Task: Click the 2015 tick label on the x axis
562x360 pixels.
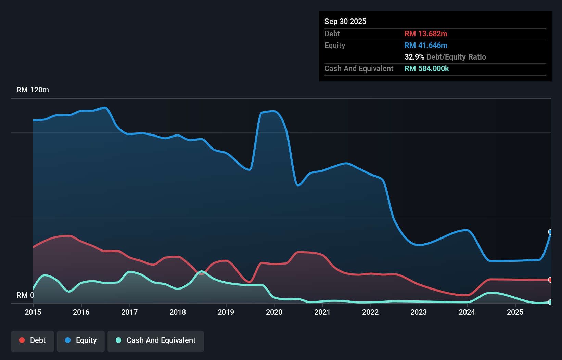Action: [x=33, y=312]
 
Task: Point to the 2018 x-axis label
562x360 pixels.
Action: [x=178, y=312]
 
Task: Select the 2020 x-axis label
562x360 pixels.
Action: [x=274, y=312]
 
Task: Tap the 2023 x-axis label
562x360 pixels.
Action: [x=419, y=312]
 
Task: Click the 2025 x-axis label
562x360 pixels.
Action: [x=515, y=312]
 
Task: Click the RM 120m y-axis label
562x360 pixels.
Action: [x=33, y=90]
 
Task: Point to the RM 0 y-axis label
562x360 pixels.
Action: [x=25, y=295]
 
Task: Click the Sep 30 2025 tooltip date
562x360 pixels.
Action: [x=345, y=22]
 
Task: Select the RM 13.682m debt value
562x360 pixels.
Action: [x=425, y=34]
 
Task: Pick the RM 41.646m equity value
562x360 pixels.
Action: [x=425, y=46]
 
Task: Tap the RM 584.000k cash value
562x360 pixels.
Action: [x=426, y=69]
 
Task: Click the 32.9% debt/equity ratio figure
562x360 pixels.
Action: [x=414, y=57]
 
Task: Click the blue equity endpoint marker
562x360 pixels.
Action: [x=550, y=232]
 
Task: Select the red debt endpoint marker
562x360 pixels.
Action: [x=550, y=280]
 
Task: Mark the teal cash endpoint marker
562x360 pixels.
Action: [x=550, y=302]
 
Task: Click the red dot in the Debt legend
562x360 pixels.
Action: [x=22, y=340]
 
